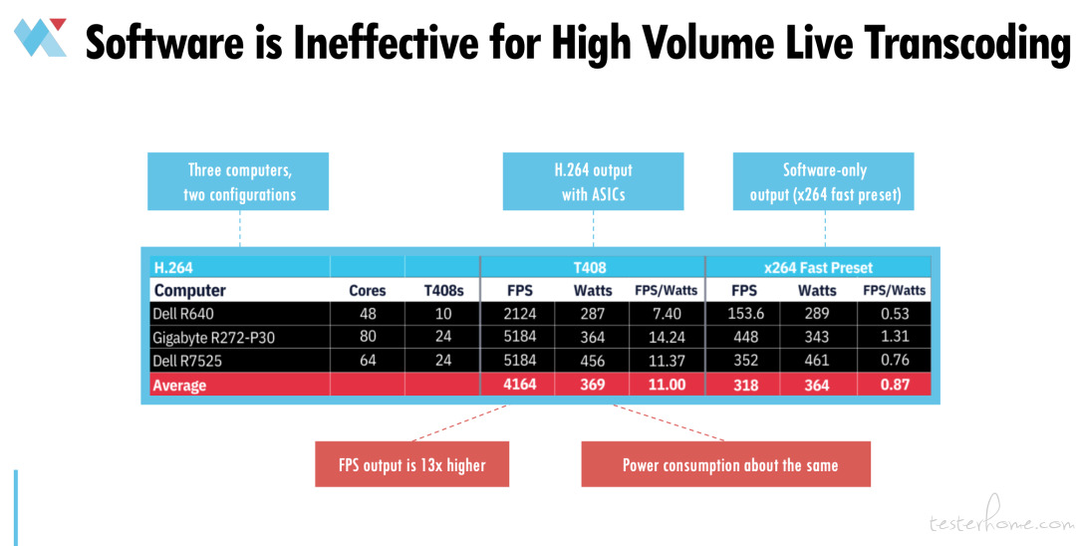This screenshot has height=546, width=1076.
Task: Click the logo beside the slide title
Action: tap(41, 38)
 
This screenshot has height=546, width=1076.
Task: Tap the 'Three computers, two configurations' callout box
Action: tap(238, 181)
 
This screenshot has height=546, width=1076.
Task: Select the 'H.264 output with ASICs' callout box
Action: tap(593, 181)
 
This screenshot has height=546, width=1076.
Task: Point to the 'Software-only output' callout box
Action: tap(824, 181)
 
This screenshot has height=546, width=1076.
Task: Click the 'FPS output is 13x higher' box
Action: tap(411, 464)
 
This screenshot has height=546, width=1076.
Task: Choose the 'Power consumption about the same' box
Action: tap(726, 464)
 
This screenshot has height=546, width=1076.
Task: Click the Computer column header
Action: tap(190, 291)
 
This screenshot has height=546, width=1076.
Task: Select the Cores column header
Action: tap(368, 291)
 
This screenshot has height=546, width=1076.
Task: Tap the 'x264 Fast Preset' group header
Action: tap(818, 267)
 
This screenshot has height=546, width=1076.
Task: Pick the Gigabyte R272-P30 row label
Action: tap(214, 338)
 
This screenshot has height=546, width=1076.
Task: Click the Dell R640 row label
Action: tap(183, 314)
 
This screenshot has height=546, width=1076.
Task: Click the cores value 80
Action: tap(368, 337)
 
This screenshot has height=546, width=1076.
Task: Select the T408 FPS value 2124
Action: tap(519, 314)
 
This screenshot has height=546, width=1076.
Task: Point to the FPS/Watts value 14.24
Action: tap(667, 337)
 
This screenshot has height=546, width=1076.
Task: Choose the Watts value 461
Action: tap(817, 360)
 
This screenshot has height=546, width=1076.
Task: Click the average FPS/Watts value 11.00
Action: tap(667, 385)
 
